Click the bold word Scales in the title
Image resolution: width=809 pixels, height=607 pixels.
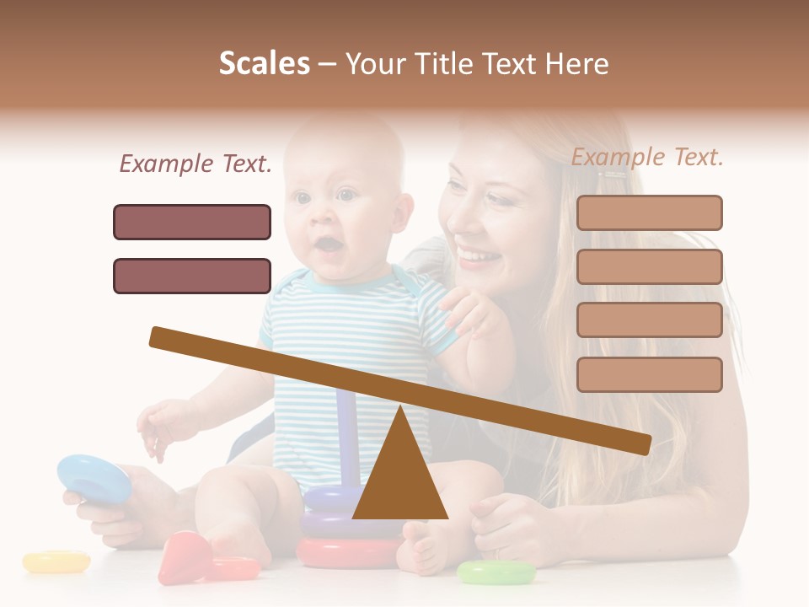[x=264, y=64]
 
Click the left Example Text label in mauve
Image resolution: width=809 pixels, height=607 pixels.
[x=196, y=164]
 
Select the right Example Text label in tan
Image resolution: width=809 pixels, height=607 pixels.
[x=647, y=157]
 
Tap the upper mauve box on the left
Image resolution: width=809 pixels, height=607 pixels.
[x=192, y=222]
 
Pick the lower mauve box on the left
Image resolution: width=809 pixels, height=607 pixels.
[x=192, y=276]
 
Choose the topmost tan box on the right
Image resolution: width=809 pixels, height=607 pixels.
[x=649, y=212]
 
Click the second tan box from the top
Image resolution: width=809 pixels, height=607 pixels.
[x=649, y=266]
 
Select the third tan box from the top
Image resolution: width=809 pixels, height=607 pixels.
[x=649, y=320]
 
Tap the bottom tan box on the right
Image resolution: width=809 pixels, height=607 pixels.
[x=649, y=374]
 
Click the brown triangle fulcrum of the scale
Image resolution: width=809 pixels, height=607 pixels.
[x=399, y=476]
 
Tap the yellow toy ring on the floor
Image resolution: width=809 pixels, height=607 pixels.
[x=56, y=561]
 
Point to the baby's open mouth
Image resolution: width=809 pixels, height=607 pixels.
[x=328, y=244]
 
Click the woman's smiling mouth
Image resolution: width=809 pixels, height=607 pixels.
[x=477, y=256]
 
